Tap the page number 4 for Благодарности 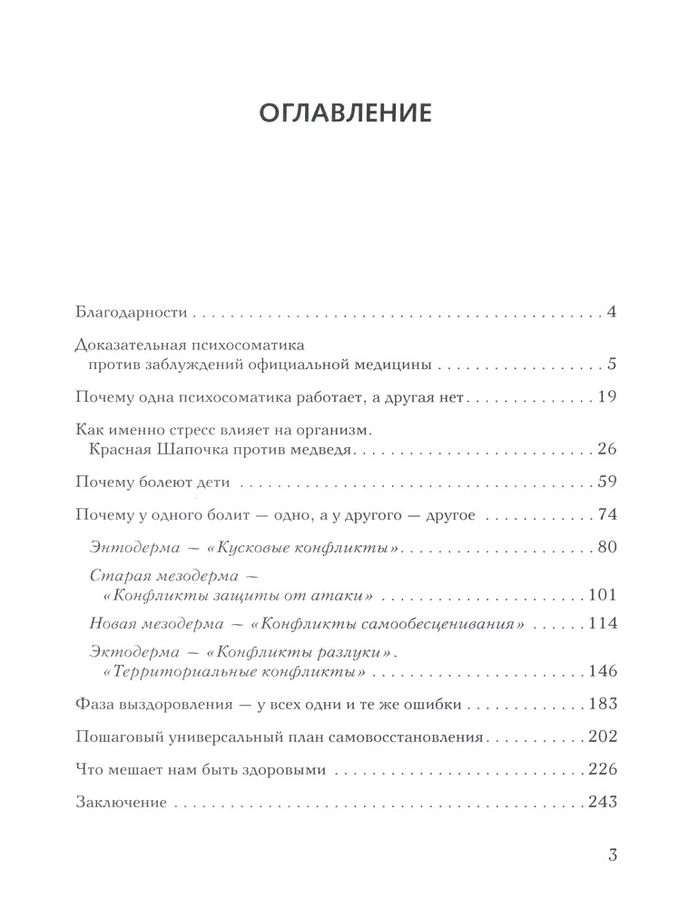coord(613,313)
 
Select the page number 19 coord(607,396)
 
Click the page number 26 coord(607,449)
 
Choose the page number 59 coord(607,481)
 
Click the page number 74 coord(607,515)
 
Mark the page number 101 coord(602,595)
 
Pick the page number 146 coord(602,672)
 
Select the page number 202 coord(602,736)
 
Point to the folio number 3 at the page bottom coord(612,854)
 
